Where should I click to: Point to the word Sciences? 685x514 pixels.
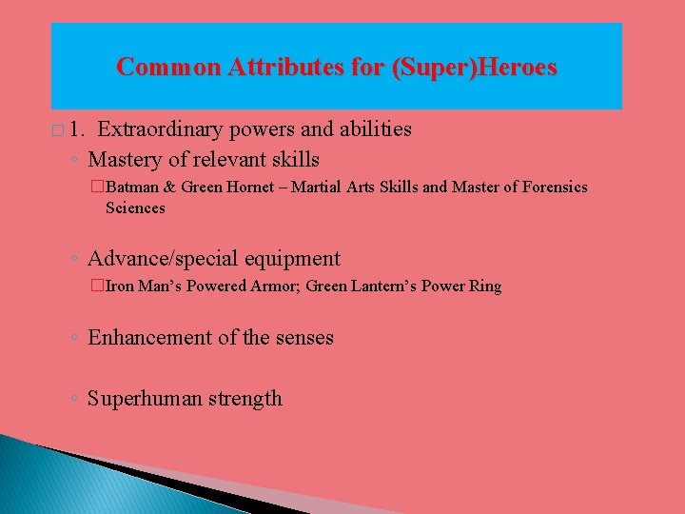click(x=135, y=208)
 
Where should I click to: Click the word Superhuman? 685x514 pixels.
click(x=140, y=398)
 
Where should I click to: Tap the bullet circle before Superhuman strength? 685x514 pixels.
click(x=74, y=399)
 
